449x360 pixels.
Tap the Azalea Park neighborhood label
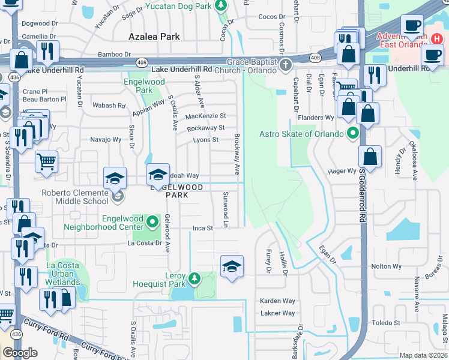(154, 37)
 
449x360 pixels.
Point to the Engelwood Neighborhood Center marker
(152, 223)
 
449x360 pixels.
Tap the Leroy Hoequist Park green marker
(194, 278)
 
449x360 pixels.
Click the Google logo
(20, 353)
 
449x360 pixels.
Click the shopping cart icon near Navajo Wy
(46, 161)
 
